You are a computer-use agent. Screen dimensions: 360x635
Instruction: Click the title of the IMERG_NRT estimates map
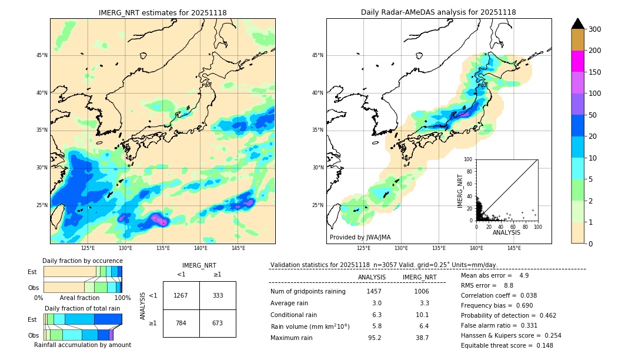coord(162,12)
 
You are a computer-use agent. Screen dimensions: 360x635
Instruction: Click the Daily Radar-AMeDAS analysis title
coord(439,12)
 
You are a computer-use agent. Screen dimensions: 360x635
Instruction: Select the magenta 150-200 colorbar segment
coord(577,61)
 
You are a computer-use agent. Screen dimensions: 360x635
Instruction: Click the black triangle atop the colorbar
coord(577,24)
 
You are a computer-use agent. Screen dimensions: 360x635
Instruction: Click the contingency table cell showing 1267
coord(181,295)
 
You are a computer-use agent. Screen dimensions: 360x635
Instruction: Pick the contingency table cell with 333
coord(218,295)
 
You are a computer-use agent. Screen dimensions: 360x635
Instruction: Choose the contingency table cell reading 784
coord(181,323)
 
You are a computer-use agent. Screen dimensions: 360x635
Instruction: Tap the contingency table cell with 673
coord(218,323)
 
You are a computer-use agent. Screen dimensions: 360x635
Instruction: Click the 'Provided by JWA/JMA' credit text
coord(360,238)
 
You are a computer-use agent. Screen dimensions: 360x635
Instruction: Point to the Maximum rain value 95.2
coord(375,338)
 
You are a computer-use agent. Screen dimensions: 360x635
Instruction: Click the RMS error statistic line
coord(487,285)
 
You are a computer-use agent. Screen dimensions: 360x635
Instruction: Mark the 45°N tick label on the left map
coord(42,55)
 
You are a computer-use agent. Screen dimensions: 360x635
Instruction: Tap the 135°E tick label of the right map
coord(439,248)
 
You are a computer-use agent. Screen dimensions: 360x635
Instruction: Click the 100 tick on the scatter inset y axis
coord(468,159)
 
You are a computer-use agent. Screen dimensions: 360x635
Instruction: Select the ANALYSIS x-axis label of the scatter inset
coord(506,232)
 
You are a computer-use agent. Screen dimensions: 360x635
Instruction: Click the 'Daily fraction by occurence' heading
coord(82,261)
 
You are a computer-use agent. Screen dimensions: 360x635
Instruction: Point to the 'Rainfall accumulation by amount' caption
coord(82,345)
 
